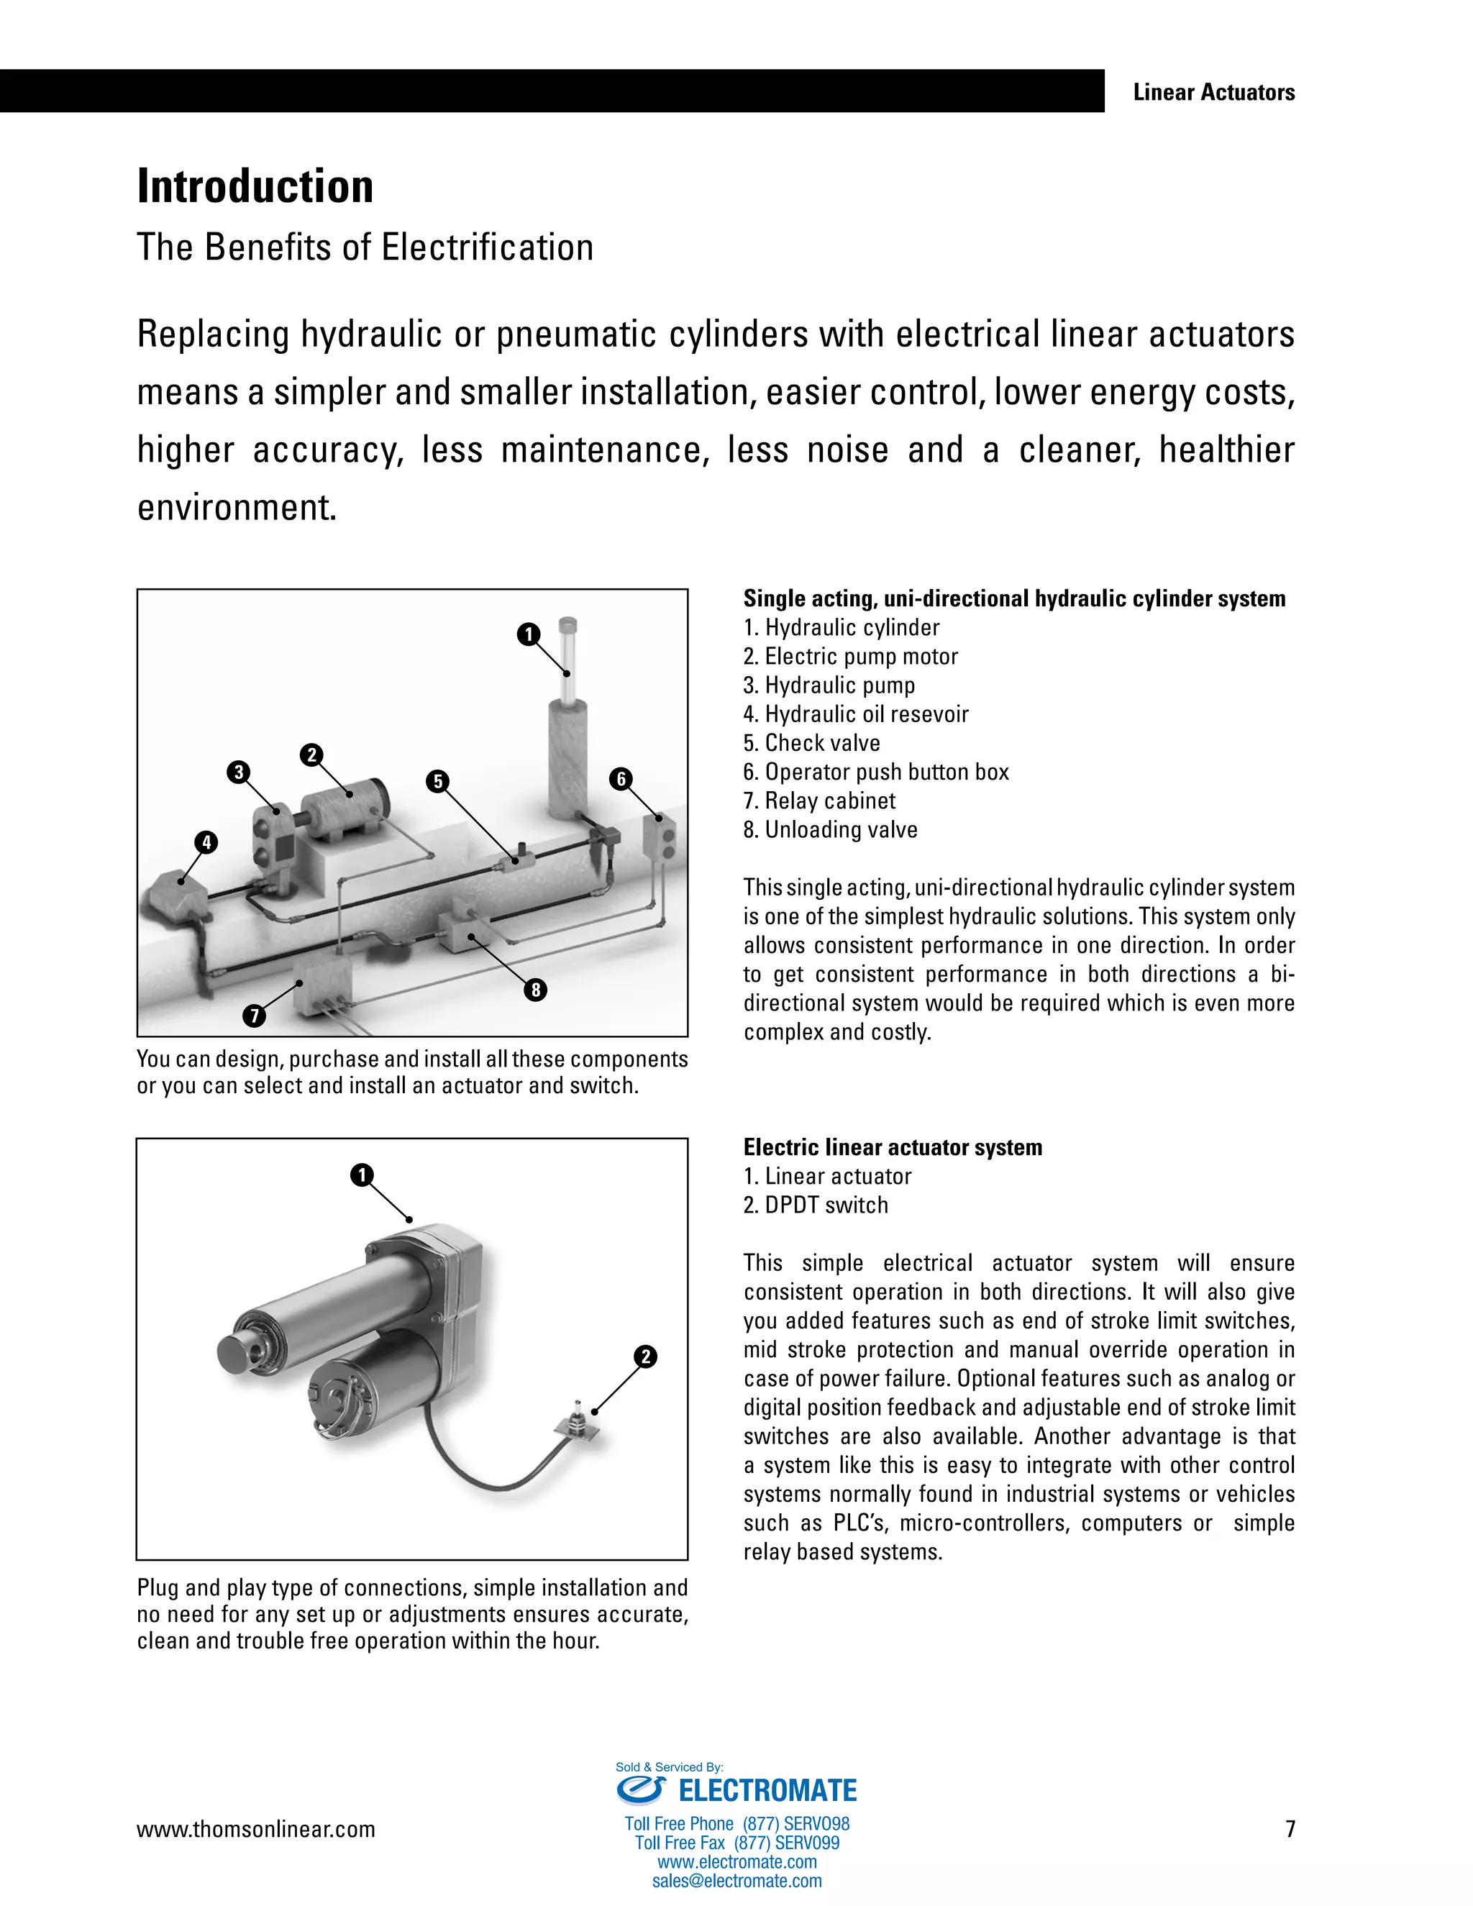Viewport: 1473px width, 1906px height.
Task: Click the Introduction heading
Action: pos(255,187)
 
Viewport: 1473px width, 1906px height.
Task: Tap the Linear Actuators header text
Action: pos(1213,93)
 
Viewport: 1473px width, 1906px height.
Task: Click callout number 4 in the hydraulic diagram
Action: pos(206,842)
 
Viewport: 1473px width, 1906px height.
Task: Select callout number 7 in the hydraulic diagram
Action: pos(254,1015)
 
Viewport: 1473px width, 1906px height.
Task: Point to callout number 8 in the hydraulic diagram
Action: pos(536,989)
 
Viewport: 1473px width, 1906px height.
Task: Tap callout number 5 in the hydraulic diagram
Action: pos(438,781)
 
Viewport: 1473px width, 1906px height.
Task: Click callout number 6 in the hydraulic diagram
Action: pos(621,778)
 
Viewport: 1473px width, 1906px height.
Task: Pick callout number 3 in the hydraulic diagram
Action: pos(238,772)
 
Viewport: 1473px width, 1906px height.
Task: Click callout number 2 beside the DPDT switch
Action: pos(646,1356)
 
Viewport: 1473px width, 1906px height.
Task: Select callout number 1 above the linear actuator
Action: pos(361,1175)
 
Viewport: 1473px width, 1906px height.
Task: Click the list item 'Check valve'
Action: pos(811,743)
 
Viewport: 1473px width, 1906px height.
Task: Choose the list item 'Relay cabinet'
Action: pos(819,801)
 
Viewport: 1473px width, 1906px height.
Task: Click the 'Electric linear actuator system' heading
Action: pos(893,1146)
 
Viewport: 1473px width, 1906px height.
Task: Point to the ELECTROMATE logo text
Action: pos(767,1791)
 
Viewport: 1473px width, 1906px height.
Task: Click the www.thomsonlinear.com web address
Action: pos(255,1829)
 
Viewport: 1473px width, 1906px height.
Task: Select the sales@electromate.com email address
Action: pos(736,1881)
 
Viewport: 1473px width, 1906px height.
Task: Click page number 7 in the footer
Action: pos(1290,1828)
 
